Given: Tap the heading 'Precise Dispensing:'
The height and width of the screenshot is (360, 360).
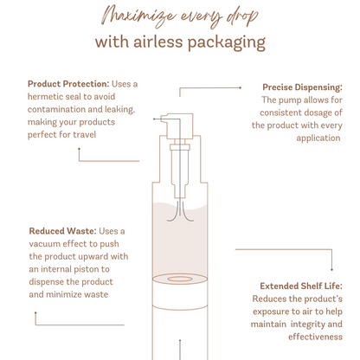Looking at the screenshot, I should pos(302,87).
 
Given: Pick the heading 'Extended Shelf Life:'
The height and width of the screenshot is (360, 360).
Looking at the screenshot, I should pos(301,286).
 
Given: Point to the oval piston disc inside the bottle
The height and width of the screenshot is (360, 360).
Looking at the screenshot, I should pos(181,280).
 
